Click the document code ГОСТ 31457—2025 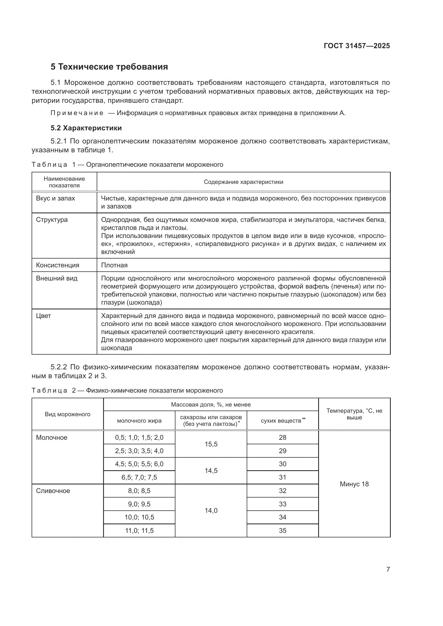356,46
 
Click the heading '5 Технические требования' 109,67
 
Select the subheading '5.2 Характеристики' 86,128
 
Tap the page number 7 388,569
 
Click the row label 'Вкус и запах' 55,199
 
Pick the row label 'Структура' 52,220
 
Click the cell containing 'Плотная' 114,265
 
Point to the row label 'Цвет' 43,316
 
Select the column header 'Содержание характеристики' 243,182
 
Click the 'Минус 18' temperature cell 354,484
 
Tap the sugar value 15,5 211,444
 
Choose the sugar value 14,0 211,510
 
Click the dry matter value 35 282,530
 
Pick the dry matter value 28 282,437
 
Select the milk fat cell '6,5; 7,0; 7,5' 139,477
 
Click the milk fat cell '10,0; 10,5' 139,517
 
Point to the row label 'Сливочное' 53,491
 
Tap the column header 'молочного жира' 139,421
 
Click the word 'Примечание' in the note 77,113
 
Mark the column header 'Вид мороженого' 67,414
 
